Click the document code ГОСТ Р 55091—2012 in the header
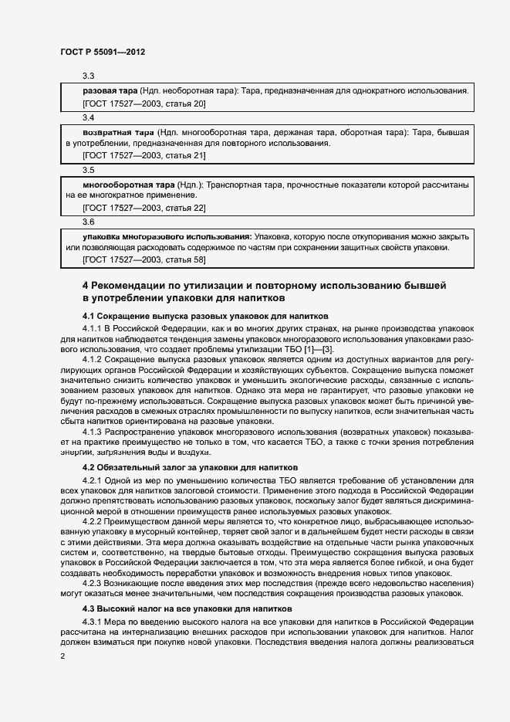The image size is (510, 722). pyautogui.click(x=102, y=53)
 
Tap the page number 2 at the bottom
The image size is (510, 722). pyautogui.click(x=62, y=656)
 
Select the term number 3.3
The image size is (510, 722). pyautogui.click(x=88, y=76)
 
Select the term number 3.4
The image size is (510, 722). pyautogui.click(x=88, y=118)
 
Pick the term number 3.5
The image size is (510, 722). pyautogui.click(x=88, y=170)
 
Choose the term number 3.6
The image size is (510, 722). pyautogui.click(x=88, y=222)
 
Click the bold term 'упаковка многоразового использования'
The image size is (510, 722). pyautogui.click(x=167, y=236)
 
